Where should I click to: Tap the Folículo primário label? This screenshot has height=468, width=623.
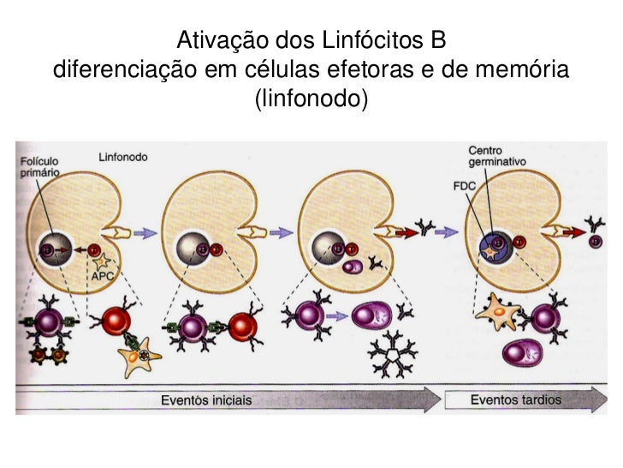click(x=40, y=165)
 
